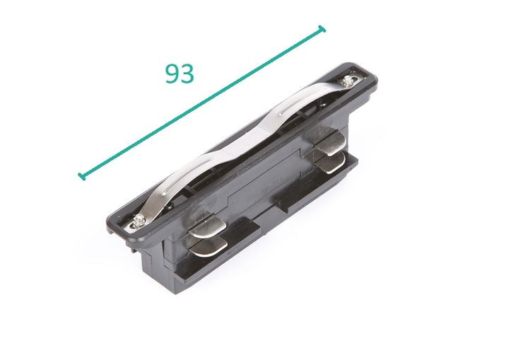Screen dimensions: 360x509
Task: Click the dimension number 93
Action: (180, 74)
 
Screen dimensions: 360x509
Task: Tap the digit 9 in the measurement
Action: (172, 74)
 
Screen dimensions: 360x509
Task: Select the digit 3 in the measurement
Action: (187, 74)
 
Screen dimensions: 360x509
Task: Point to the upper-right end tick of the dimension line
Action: (323, 29)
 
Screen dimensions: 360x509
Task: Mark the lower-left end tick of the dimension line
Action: (82, 175)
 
